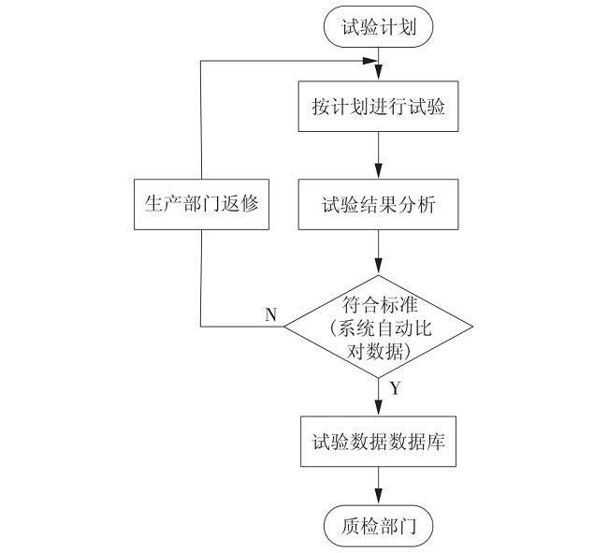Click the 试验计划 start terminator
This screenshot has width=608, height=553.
pos(378,26)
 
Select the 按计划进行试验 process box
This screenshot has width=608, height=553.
pos(378,106)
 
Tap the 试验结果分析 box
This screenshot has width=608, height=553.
pos(378,204)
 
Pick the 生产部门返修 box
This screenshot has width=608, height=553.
pos(201,204)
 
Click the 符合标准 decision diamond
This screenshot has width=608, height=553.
pos(378,327)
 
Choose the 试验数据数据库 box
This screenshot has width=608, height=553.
pos(378,442)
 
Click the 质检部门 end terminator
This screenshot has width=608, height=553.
pos(378,526)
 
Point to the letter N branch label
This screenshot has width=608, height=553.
pos(270,314)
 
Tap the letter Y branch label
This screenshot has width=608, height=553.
pos(395,387)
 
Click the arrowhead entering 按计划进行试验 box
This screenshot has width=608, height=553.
pos(378,74)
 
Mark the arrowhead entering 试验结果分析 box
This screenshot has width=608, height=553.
pos(378,171)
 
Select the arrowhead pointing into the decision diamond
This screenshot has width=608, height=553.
pos(378,268)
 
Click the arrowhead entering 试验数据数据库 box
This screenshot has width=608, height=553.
pos(378,409)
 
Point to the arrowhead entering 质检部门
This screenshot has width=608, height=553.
pos(378,498)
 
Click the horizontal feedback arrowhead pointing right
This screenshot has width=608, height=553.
pos(369,61)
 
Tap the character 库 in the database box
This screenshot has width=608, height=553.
pos(436,442)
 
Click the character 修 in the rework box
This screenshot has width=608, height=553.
pos(250,203)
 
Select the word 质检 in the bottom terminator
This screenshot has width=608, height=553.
pos(359,526)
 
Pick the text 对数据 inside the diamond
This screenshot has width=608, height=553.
pos(374,351)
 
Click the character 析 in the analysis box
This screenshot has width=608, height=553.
pos(427,204)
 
